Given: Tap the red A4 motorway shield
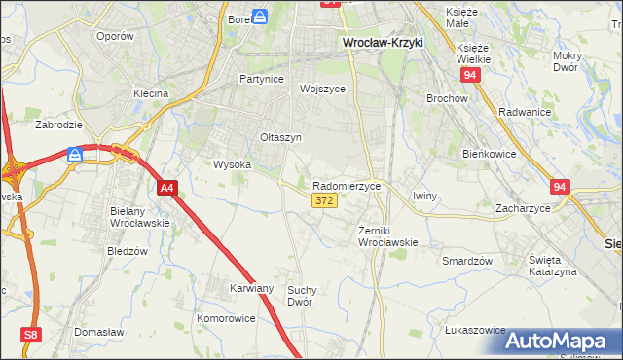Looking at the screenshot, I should tap(166, 188).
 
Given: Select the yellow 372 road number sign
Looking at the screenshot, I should tap(325, 200).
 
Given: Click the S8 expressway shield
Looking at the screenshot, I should tap(32, 335).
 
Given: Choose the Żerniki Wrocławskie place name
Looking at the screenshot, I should tap(387, 236).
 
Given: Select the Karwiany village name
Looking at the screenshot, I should tap(252, 288).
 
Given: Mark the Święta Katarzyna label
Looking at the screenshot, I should tap(552, 266).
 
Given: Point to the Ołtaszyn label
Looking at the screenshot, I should tap(280, 137).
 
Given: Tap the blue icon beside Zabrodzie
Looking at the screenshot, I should tap(76, 154).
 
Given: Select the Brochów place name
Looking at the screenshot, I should tap(448, 98).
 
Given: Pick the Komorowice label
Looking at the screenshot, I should tap(226, 318).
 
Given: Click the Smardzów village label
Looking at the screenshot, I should tap(466, 261).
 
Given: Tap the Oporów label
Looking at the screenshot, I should tap(114, 36).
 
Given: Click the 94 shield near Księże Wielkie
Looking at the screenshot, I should tap(470, 74).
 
